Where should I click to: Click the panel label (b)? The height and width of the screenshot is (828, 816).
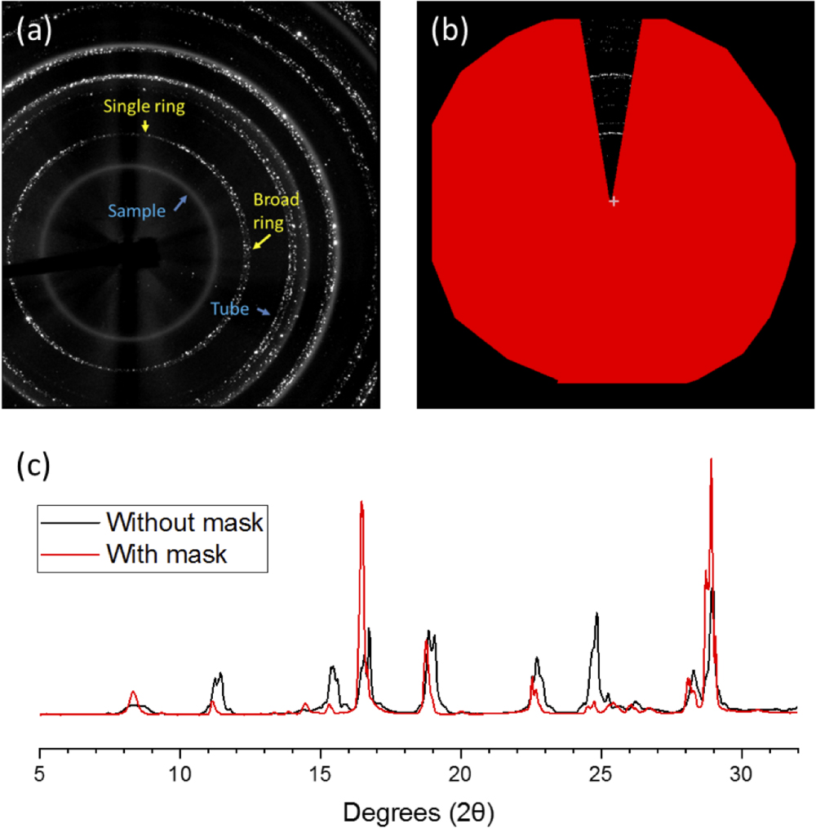448,33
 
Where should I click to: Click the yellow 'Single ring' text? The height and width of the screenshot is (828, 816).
144,106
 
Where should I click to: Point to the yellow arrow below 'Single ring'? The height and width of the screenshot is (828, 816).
144,126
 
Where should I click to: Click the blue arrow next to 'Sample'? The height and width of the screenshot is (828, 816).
180,201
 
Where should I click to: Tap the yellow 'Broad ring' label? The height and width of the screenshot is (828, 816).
276,209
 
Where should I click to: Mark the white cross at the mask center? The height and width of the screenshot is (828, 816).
614,201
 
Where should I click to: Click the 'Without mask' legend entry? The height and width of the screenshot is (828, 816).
184,521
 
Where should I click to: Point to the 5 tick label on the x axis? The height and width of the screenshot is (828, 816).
41,771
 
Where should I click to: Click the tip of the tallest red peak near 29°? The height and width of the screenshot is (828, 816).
712,459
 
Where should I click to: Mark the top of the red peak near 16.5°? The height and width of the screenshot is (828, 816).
361,502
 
